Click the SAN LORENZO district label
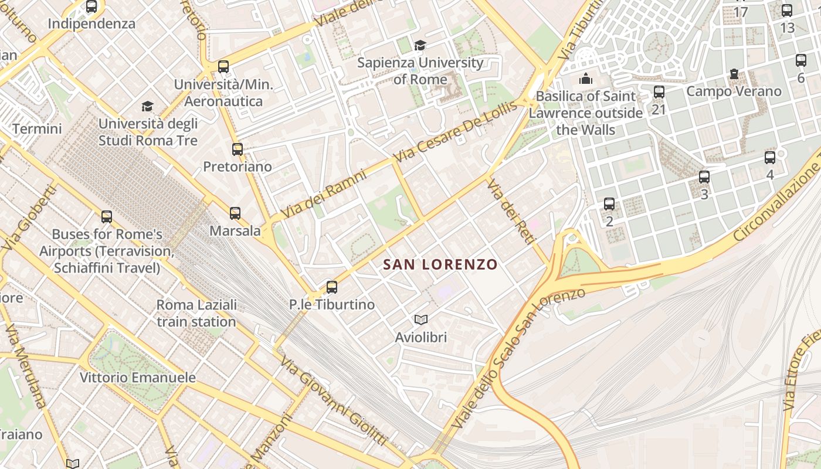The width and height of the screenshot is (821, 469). (440, 264)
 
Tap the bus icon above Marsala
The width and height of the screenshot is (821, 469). (235, 213)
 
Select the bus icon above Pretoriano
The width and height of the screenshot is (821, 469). (237, 149)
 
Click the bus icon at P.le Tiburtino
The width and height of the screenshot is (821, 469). (332, 287)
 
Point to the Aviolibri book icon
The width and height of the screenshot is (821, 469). (421, 320)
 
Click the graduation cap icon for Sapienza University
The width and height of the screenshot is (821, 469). (420, 45)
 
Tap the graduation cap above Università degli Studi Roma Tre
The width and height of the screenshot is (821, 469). (147, 106)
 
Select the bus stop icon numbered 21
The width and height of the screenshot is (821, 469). (659, 92)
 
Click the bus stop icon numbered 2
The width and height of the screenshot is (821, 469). (609, 204)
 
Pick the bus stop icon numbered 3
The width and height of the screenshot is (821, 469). (704, 176)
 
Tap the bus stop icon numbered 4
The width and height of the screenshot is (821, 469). (770, 157)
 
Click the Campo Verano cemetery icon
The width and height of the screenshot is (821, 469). (734, 74)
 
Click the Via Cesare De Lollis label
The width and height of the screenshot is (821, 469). (456, 132)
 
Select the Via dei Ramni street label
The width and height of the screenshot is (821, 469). (324, 195)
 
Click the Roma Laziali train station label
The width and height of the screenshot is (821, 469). (196, 313)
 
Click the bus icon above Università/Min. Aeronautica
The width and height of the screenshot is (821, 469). (223, 66)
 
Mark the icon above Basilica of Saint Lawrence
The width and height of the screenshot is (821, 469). (585, 79)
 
